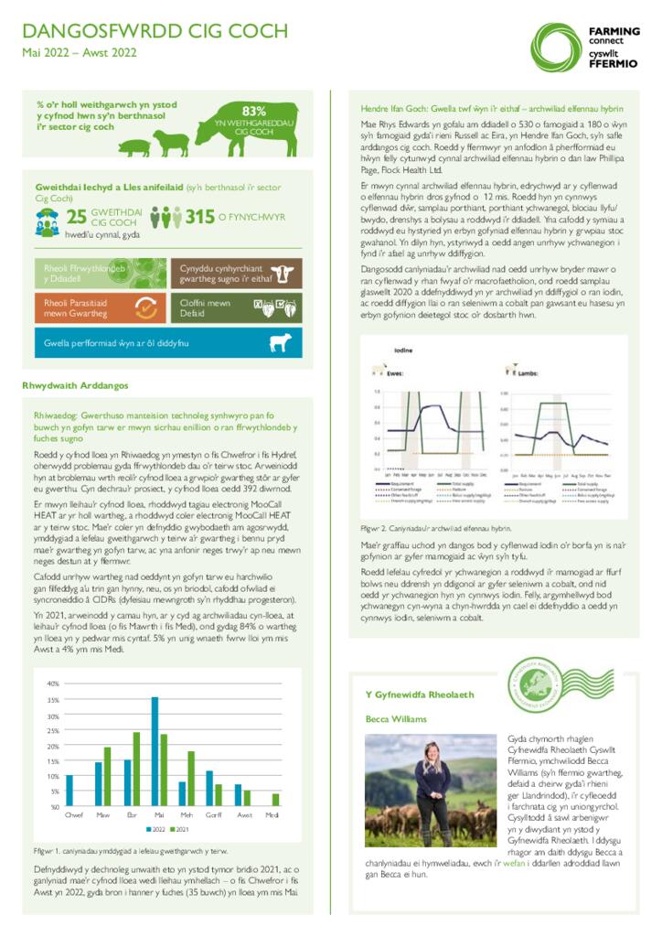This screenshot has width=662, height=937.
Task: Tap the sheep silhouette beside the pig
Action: (168, 142)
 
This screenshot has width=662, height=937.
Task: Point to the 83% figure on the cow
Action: (253, 110)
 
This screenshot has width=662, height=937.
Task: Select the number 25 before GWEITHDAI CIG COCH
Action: (77, 216)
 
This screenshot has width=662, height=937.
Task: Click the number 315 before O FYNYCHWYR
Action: (199, 217)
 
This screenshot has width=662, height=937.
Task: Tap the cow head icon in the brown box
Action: (286, 273)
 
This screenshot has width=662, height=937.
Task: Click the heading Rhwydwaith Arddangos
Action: (75, 386)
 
